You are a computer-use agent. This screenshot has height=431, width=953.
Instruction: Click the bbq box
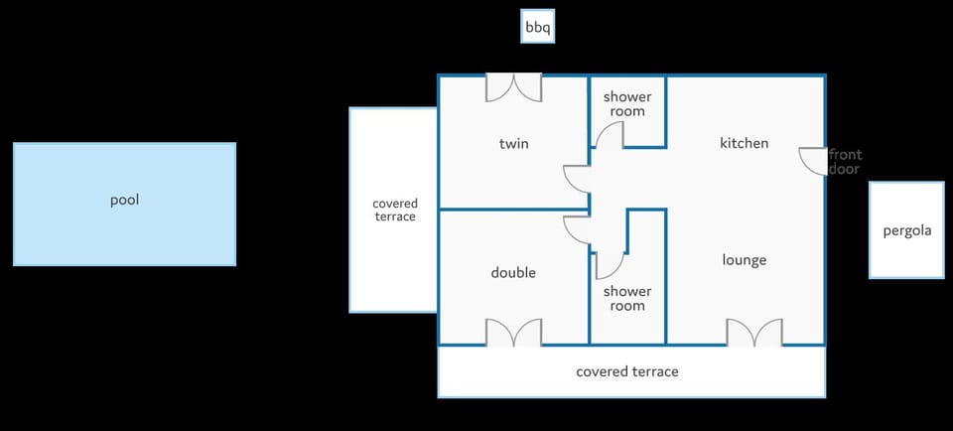click(x=538, y=26)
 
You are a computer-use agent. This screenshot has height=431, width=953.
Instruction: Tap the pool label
click(x=125, y=200)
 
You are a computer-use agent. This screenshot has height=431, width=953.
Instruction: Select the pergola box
click(x=906, y=229)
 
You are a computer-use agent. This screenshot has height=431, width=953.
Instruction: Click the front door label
click(x=845, y=162)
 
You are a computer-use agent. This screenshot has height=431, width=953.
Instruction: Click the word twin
click(x=513, y=143)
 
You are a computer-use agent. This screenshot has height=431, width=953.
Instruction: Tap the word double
click(x=513, y=272)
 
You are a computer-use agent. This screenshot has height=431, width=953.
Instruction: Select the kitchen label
click(x=744, y=143)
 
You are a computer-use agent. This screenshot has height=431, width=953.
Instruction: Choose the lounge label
click(x=744, y=260)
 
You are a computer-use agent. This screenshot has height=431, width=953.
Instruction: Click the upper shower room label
click(x=627, y=104)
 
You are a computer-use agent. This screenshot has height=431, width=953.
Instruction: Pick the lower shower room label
click(x=627, y=299)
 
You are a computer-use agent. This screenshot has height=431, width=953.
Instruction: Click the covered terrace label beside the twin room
click(x=394, y=210)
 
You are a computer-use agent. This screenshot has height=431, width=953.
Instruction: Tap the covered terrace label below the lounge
click(x=627, y=371)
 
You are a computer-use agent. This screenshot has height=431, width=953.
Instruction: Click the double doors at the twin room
click(x=513, y=88)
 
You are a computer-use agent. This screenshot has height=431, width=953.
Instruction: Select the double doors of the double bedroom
click(x=513, y=333)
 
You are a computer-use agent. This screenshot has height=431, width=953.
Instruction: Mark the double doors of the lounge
click(x=754, y=333)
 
